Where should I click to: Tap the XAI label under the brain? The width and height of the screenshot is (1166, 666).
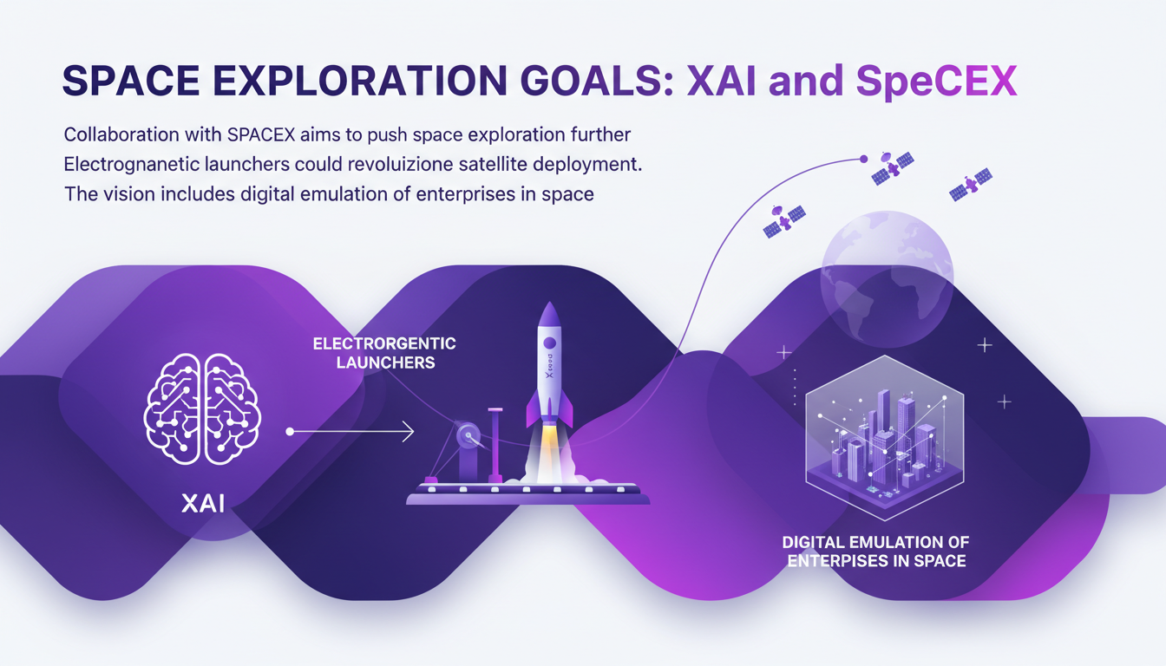203,504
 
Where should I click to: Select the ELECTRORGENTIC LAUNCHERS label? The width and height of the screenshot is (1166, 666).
384,353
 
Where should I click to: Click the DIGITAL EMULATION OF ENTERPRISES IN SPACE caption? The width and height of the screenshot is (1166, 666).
875,552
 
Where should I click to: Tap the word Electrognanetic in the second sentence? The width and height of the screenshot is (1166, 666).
126,165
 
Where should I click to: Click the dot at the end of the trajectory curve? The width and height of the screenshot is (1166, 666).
863,159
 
